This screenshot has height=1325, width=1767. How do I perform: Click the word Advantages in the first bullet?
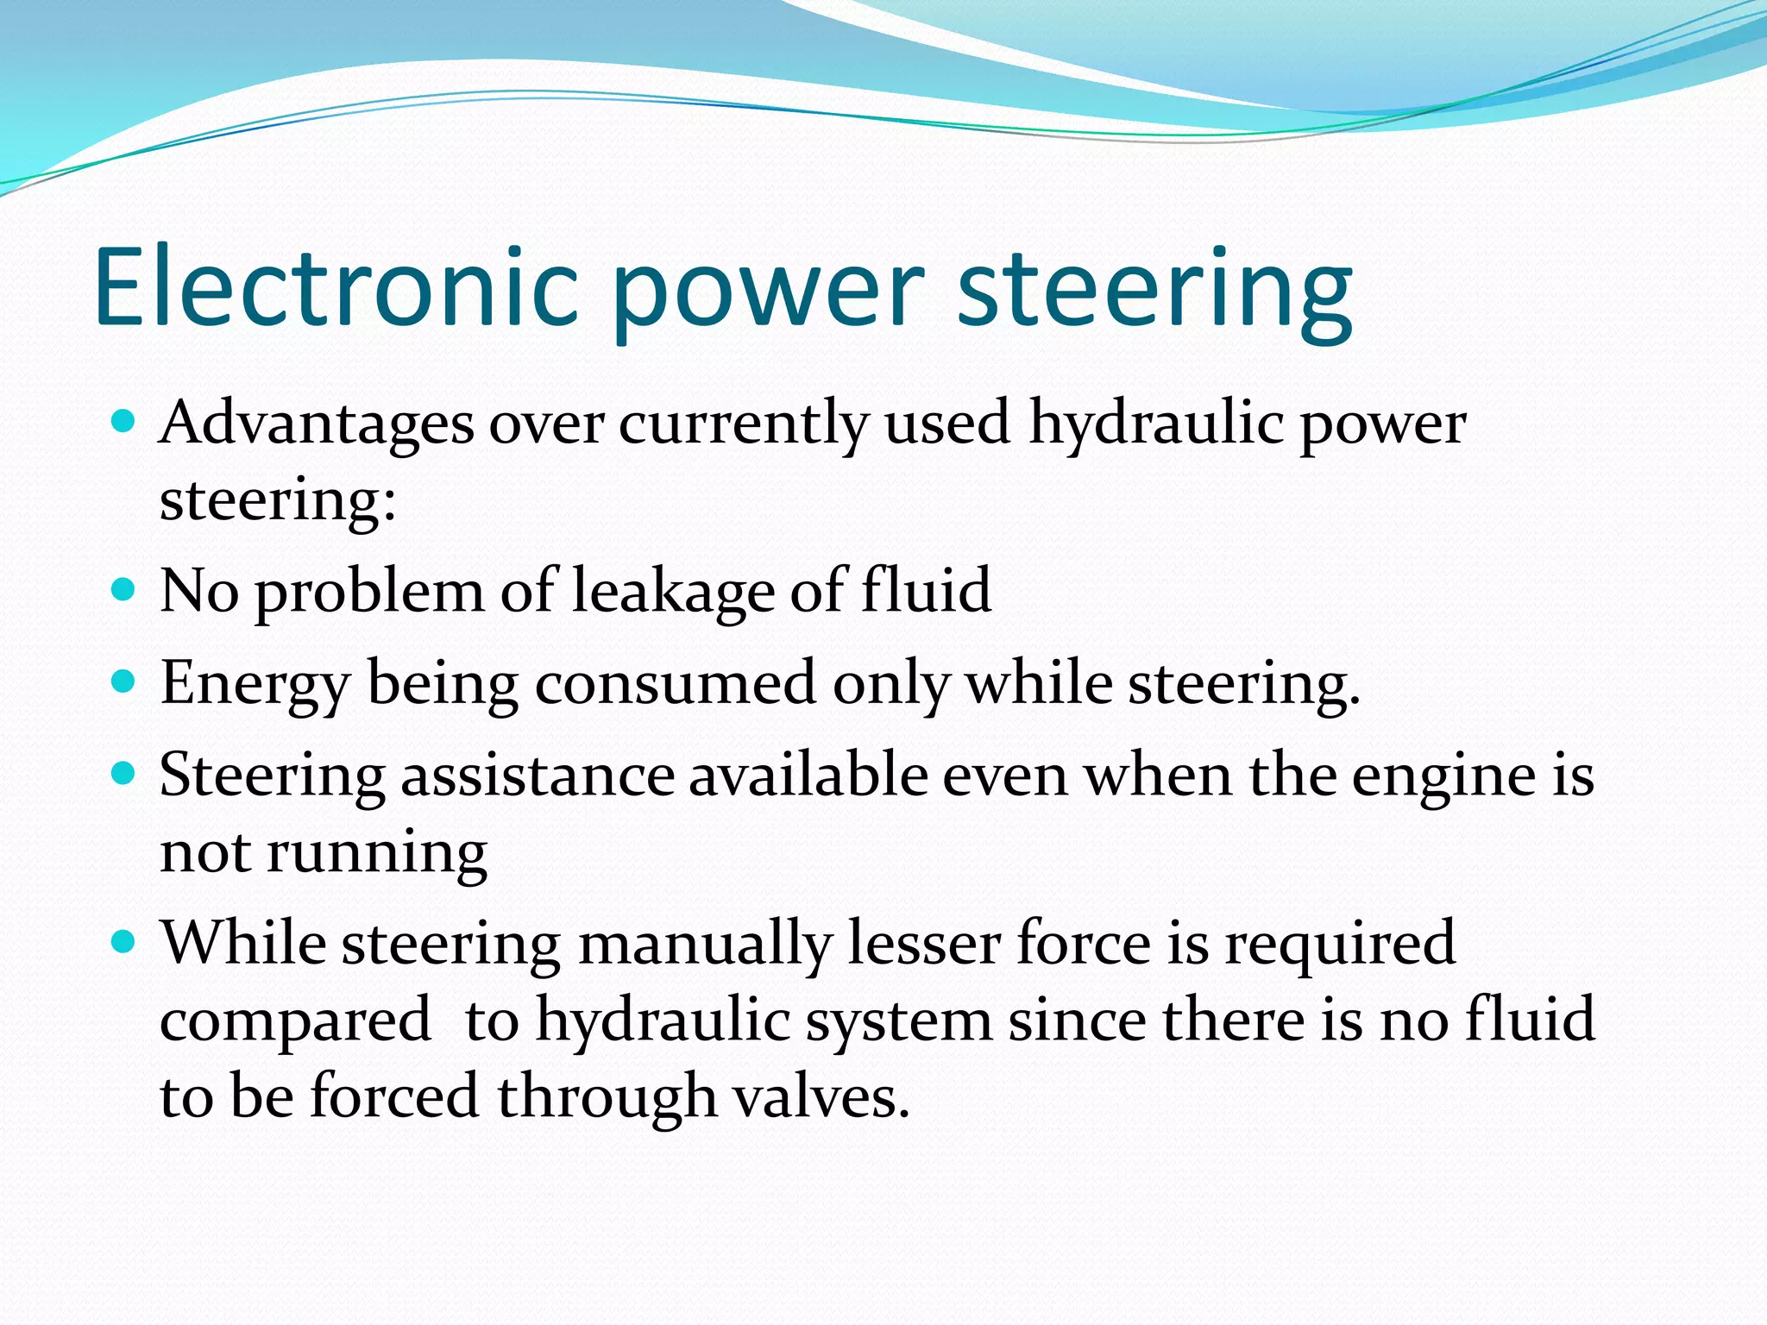(x=317, y=424)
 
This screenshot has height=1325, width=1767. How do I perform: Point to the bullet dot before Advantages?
(x=124, y=422)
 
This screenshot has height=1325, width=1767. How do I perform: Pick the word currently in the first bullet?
(x=743, y=426)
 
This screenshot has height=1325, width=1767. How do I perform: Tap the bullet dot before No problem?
(x=124, y=589)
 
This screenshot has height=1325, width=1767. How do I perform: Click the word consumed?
(x=675, y=682)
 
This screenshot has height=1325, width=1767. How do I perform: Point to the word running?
(x=376, y=854)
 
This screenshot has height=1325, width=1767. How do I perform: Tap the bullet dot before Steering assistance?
(x=124, y=773)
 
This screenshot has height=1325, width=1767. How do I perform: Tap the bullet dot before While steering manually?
(x=124, y=941)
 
